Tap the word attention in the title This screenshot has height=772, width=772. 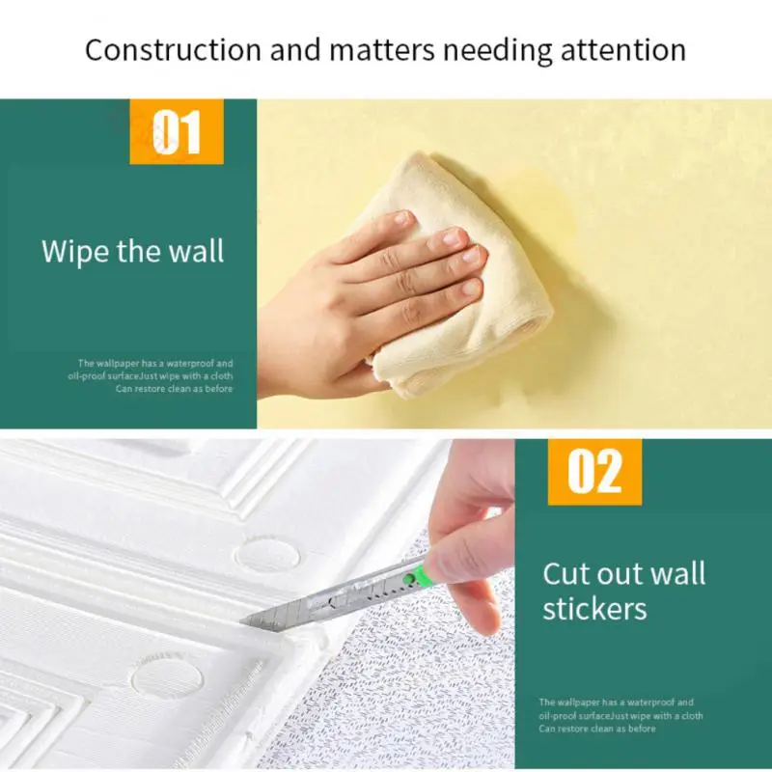pos(626,49)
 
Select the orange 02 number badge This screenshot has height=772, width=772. pos(594,472)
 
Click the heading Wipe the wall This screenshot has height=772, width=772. pos(132,252)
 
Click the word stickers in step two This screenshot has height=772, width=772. pos(593,609)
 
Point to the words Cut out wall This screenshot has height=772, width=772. pos(623,573)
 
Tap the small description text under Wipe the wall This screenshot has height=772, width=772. pos(154,375)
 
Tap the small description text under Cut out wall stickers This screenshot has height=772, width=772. pos(620,715)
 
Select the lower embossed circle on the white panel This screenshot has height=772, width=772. pos(166,677)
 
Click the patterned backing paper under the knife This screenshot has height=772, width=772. pos(405,695)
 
